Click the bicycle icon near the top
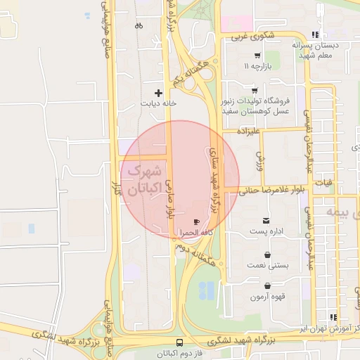[139, 26]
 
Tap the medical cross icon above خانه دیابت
[158, 93]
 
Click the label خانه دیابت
[158, 103]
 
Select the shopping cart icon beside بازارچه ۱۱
[257, 56]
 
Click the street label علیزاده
[248, 131]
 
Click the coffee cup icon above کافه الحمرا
[186, 222]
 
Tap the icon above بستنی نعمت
[267, 255]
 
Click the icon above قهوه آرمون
[268, 286]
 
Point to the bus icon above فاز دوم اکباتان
[180, 343]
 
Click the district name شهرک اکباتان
[143, 179]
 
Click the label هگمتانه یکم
[191, 68]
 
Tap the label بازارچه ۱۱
[257, 66]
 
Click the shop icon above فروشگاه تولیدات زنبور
[254, 90]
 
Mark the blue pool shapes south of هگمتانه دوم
[207, 290]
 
